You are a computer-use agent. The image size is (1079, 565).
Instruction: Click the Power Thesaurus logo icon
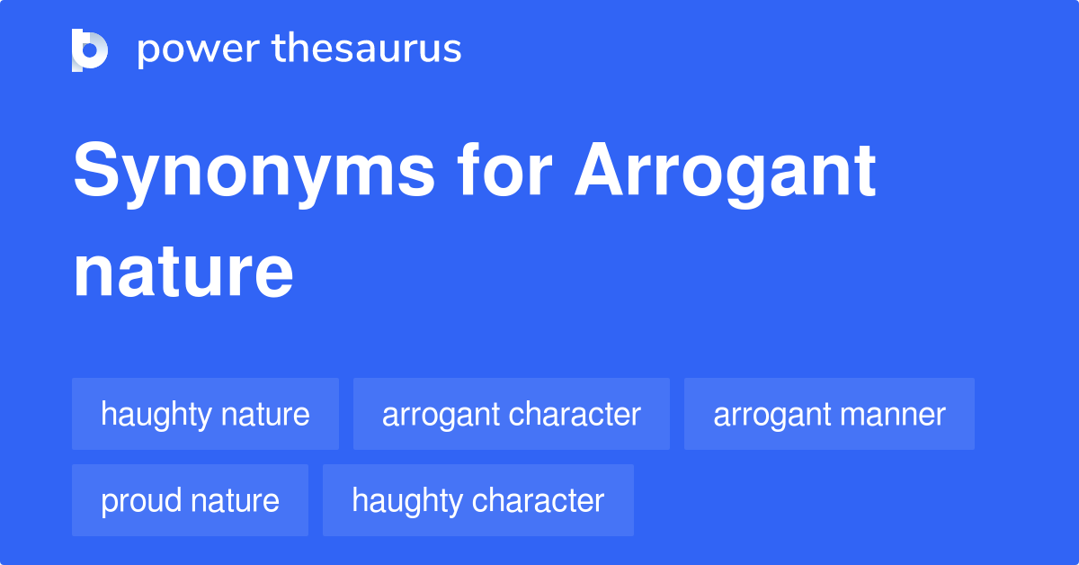pos(90,50)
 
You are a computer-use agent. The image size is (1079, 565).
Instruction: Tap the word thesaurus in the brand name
pos(367,48)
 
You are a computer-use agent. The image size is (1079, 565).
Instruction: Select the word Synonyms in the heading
pos(254,173)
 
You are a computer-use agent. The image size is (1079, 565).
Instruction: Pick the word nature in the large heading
pos(183,273)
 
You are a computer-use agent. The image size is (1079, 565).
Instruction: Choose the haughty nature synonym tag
pos(205,414)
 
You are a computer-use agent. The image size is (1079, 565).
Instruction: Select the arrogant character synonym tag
pos(512,414)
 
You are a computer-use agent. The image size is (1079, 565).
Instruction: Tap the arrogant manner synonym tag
pos(829,414)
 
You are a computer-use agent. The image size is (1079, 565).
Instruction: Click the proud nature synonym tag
pos(190,500)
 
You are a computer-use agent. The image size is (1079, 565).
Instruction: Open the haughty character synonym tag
pos(478,500)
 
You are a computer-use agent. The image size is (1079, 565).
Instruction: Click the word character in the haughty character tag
pos(538,500)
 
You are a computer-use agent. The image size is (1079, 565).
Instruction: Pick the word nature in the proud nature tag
pos(235,501)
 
